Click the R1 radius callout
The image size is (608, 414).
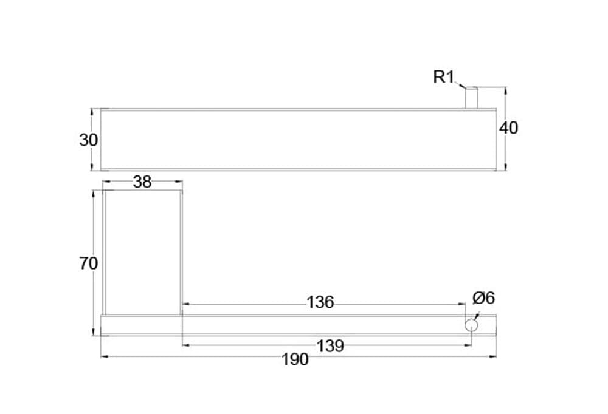(x=443, y=76)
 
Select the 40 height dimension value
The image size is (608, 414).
(x=508, y=128)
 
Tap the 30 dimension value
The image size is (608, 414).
(x=88, y=140)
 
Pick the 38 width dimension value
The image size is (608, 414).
(x=142, y=182)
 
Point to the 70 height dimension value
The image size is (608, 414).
(x=88, y=263)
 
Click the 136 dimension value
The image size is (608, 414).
(x=320, y=302)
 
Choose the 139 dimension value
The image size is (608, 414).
(x=330, y=346)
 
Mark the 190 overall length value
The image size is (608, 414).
(x=295, y=359)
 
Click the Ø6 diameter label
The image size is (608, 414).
(x=483, y=298)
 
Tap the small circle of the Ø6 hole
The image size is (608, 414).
(x=471, y=325)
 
